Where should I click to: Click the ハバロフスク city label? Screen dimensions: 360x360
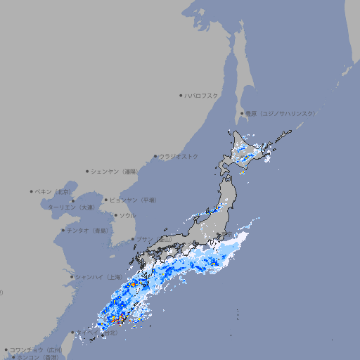click(202, 95)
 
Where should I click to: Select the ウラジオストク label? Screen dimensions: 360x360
click(179, 156)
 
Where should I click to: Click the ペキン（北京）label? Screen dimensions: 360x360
click(54, 191)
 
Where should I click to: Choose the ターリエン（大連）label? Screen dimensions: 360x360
click(71, 207)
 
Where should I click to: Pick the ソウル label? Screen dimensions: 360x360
click(127, 215)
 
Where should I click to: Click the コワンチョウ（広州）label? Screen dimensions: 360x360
click(35, 349)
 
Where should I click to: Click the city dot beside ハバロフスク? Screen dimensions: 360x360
click(181, 95)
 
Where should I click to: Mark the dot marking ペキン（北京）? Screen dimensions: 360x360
click(32, 191)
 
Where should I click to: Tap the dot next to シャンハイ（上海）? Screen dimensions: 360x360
click(72, 277)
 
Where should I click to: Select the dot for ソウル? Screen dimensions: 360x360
click(115, 215)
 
